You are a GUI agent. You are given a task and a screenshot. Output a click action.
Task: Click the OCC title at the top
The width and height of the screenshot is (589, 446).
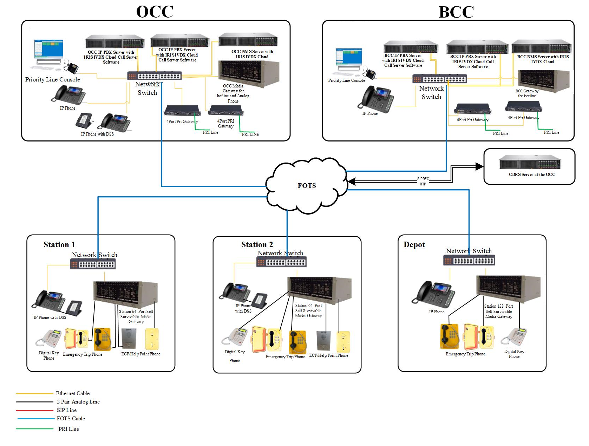155,12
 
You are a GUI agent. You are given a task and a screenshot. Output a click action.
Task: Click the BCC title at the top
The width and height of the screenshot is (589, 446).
456,12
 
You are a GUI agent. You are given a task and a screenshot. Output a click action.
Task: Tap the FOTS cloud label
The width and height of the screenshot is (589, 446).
307,186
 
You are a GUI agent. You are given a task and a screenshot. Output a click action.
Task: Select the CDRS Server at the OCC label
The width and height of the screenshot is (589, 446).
532,175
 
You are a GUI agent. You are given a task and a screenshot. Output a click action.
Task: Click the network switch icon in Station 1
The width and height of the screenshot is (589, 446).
93,264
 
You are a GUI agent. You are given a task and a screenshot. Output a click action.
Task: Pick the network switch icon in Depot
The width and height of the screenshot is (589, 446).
469,261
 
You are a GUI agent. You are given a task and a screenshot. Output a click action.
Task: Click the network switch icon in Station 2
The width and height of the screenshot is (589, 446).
281,262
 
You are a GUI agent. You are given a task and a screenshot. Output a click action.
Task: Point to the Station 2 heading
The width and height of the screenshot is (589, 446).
257,245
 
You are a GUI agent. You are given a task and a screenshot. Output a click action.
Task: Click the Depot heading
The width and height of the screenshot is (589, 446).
414,245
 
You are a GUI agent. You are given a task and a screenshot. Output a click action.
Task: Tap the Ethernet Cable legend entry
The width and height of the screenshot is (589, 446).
73,393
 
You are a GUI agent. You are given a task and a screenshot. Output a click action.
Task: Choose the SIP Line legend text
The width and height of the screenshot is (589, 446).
67,410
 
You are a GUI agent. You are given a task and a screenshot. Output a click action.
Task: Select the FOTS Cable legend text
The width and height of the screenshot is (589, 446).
71,419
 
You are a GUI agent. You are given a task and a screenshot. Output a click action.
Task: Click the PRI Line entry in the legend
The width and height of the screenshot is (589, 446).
69,429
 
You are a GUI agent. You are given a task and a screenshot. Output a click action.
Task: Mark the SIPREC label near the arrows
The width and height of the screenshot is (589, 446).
423,179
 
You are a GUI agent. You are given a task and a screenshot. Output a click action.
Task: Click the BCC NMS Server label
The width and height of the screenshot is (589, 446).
543,59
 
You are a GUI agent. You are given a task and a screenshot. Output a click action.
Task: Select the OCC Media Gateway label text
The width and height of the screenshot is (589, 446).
233,93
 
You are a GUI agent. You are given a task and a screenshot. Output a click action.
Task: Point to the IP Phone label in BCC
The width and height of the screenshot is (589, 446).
370,113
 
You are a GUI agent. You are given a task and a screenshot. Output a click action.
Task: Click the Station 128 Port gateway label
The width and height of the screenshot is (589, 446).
499,311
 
